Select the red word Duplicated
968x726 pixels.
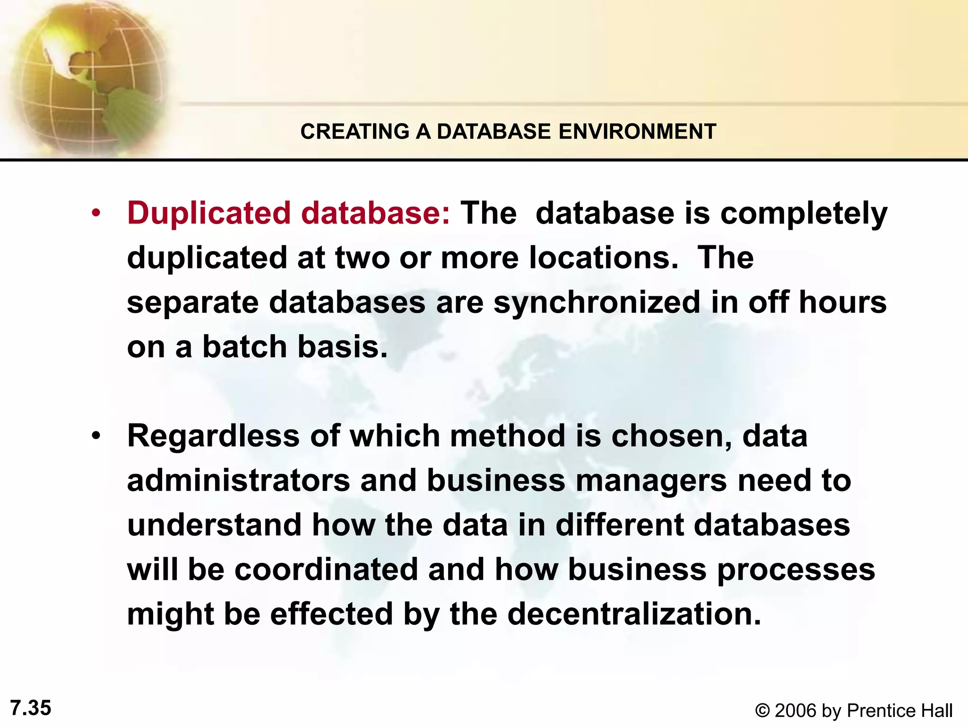[x=208, y=214]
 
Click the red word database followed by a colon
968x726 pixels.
[x=376, y=214]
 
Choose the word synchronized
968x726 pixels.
[x=596, y=303]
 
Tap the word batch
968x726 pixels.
[x=245, y=347]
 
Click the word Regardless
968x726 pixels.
[x=213, y=436]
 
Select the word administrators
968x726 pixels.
[x=239, y=481]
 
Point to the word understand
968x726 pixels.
[x=214, y=525]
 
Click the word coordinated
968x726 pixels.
[x=326, y=570]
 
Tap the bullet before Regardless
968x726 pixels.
[x=96, y=436]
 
